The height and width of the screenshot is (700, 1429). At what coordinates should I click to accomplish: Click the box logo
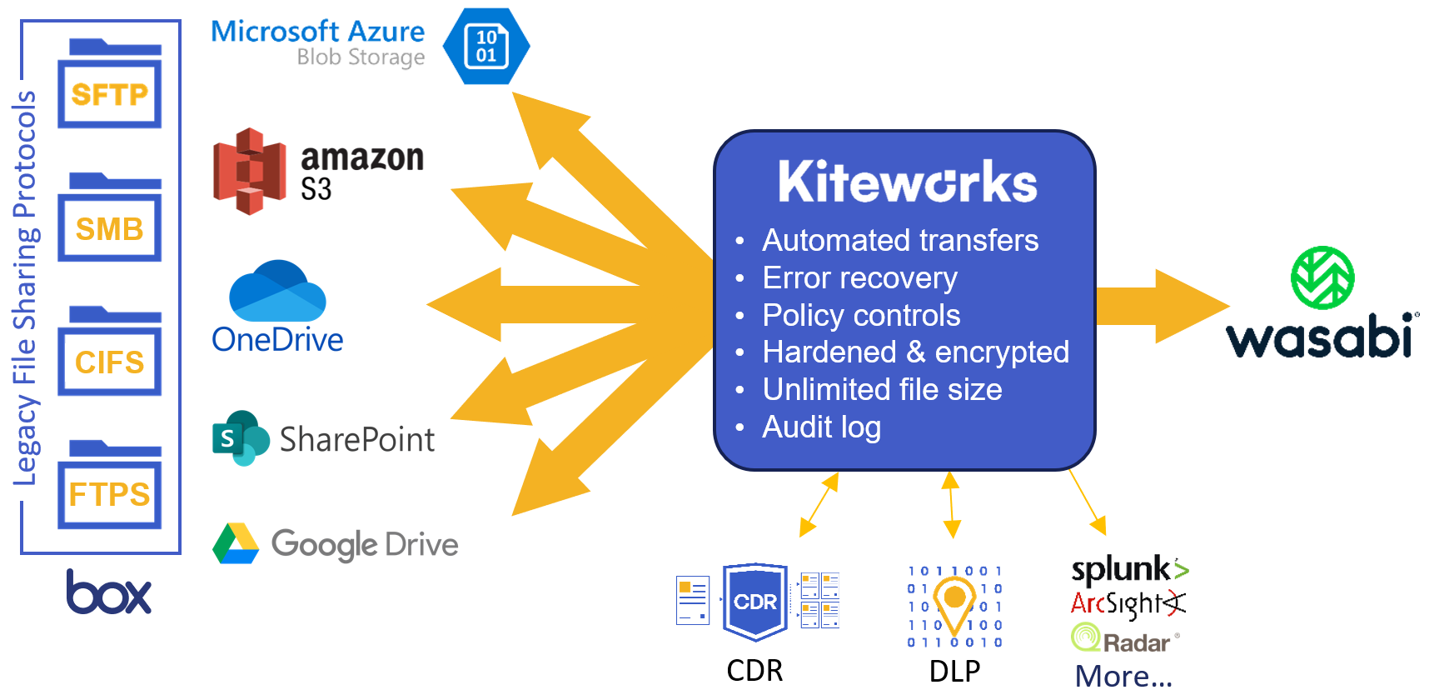point(109,592)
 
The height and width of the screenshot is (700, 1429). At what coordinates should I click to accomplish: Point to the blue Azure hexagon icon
point(486,46)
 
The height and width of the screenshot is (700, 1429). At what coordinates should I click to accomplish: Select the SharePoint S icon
point(240,437)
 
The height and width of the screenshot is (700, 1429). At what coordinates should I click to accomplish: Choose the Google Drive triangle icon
point(236,544)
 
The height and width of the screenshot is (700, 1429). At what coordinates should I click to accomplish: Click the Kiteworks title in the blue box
point(907,182)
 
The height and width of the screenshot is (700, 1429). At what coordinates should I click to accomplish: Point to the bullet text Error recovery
point(859,278)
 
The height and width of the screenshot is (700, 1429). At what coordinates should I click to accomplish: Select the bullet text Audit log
point(821,427)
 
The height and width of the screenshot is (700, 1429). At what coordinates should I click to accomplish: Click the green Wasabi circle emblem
point(1322,277)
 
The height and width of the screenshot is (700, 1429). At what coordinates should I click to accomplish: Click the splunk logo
point(1128,569)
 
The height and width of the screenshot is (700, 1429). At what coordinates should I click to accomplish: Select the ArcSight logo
point(1128,603)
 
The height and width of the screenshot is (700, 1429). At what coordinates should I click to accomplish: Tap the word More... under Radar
point(1123,676)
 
